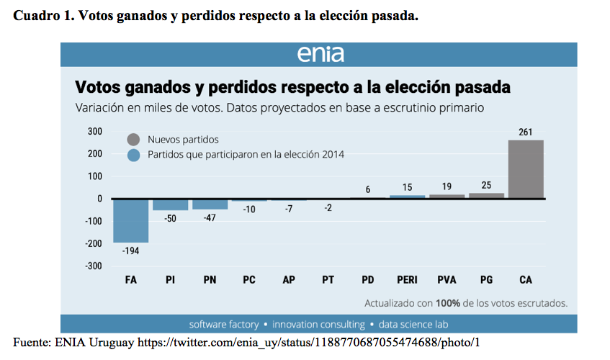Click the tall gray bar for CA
[526, 169]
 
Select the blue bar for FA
[131, 220]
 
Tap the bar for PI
[171, 204]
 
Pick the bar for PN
[210, 204]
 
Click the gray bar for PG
[487, 195]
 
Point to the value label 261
[526, 132]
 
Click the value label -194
[131, 251]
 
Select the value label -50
[171, 218]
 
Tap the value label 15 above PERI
[408, 187]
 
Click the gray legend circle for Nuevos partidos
[133, 140]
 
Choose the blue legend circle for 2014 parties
[133, 155]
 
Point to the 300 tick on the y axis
[95, 132]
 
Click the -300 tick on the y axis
[94, 266]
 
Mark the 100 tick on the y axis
[95, 176]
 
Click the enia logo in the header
[320, 55]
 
